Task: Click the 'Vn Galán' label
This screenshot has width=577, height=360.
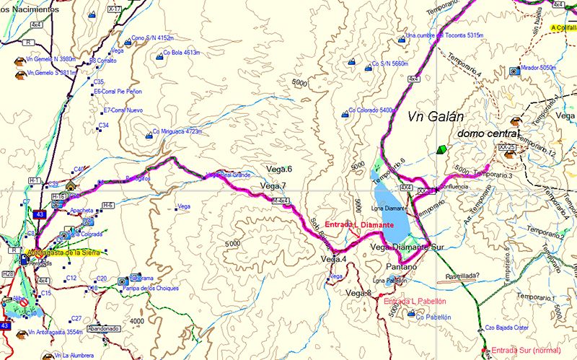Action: (434, 118)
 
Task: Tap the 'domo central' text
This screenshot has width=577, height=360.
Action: (488, 134)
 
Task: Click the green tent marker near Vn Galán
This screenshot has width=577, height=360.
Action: (441, 149)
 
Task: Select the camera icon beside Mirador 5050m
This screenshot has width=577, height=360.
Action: (514, 71)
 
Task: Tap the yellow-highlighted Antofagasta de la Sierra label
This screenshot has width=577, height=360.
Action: (66, 253)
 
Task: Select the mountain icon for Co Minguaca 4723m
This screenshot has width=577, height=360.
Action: (148, 133)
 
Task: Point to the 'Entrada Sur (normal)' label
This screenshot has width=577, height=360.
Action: (527, 351)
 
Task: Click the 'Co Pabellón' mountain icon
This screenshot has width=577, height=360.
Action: (410, 314)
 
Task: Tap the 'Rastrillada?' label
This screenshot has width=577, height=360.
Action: (465, 276)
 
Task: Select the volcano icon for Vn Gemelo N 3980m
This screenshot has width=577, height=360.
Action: (16, 59)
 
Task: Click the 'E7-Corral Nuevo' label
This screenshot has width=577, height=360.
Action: (123, 110)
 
